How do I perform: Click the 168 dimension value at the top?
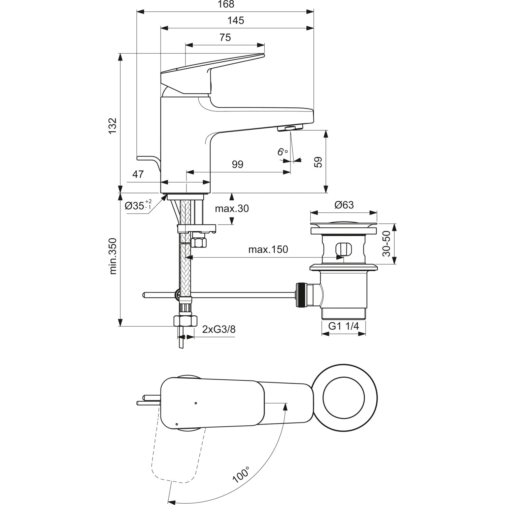pyautogui.click(x=226, y=4)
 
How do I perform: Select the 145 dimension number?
pyautogui.click(x=236, y=21)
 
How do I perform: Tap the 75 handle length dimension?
pyautogui.click(x=225, y=37)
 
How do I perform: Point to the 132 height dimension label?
pyautogui.click(x=112, y=126)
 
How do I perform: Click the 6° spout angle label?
pyautogui.click(x=282, y=152)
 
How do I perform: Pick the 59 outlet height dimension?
pyautogui.click(x=318, y=162)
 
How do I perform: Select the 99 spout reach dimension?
pyautogui.click(x=237, y=164)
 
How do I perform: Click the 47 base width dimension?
pyautogui.click(x=138, y=174)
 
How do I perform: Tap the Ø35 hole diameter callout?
pyautogui.click(x=138, y=205)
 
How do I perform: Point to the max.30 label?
pyautogui.click(x=232, y=209)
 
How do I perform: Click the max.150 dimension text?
pyautogui.click(x=268, y=249)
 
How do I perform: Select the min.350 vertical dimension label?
pyautogui.click(x=113, y=256)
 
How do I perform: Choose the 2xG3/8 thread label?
pyautogui.click(x=219, y=329)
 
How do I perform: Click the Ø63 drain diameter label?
pyautogui.click(x=344, y=205)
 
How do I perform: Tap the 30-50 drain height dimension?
pyautogui.click(x=386, y=243)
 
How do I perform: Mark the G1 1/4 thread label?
pyautogui.click(x=343, y=326)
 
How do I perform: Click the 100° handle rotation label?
pyautogui.click(x=241, y=475)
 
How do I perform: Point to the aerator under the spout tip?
pyautogui.click(x=290, y=128)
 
